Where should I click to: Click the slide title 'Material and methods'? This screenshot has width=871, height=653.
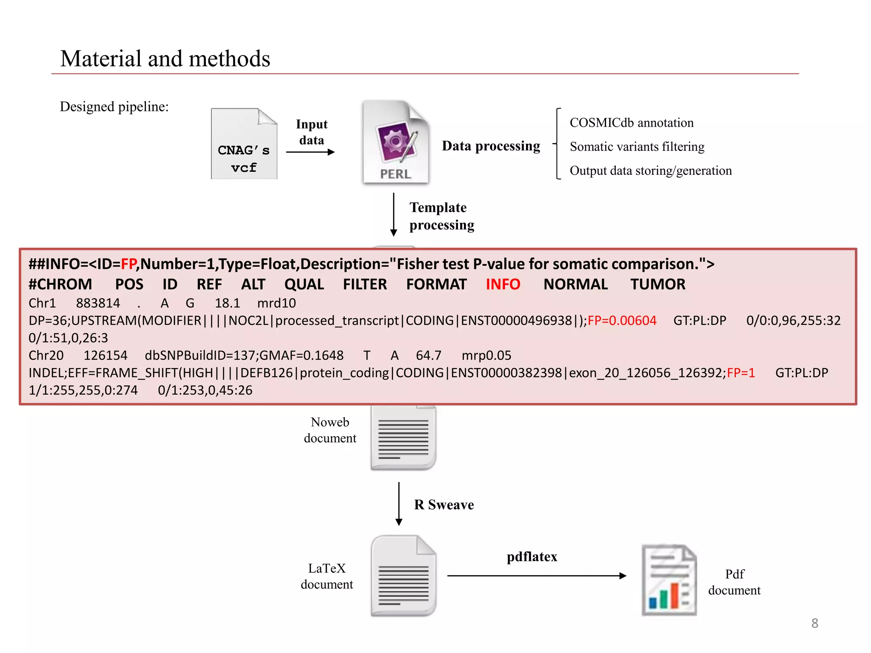[165, 59]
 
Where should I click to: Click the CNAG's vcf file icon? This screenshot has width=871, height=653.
[244, 144]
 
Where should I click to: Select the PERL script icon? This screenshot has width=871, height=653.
[396, 142]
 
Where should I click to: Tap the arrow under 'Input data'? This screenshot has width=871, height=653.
[310, 152]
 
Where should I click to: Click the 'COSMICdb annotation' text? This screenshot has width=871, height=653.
[632, 123]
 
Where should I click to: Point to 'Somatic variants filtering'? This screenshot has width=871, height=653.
[637, 147]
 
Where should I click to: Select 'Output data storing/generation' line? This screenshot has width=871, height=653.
[651, 170]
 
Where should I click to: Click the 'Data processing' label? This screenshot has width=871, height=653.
[491, 146]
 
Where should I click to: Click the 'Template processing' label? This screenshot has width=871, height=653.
[441, 216]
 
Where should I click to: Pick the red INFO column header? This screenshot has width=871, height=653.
[503, 284]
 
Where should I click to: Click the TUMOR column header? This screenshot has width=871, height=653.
[658, 284]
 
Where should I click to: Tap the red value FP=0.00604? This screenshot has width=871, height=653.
[622, 320]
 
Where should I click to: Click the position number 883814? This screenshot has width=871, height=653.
[98, 303]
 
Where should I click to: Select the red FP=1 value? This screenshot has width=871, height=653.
[741, 373]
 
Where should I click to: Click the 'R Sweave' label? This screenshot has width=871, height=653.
[444, 505]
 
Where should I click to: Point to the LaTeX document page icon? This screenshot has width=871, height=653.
[403, 576]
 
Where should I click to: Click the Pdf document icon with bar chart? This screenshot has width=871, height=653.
[669, 580]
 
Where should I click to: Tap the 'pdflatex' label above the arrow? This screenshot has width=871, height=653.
[532, 556]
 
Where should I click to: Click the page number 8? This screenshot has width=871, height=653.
[814, 623]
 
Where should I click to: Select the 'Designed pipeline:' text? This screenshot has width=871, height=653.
[114, 106]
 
